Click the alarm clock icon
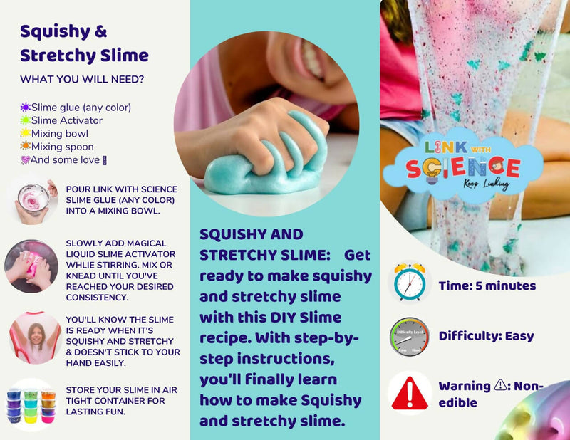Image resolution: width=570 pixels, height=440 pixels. click(x=410, y=283)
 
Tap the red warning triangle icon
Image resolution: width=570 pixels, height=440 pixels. click(x=410, y=394)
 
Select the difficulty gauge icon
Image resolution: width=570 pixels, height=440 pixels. click(x=410, y=337)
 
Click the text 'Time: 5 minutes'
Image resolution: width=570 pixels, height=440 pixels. click(x=487, y=286)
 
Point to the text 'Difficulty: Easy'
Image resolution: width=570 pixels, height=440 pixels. click(x=486, y=337)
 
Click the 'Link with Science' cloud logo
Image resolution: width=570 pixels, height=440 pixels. click(x=464, y=165)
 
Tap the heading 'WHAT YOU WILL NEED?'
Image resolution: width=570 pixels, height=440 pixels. click(x=82, y=79)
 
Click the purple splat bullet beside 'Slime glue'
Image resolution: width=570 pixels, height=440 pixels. click(x=25, y=108)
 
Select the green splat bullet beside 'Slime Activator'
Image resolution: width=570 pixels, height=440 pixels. click(x=25, y=120)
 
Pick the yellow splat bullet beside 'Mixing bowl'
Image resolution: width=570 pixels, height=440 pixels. click(x=25, y=133)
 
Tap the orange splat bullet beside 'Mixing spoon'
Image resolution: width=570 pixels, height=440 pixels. click(x=25, y=146)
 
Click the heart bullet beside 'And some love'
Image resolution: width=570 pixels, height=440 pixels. click(x=25, y=160)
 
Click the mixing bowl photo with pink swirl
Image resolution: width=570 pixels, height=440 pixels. click(x=33, y=201)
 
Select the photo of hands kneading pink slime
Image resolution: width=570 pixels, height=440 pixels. click(x=31, y=266)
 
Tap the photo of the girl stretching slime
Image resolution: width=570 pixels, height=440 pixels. click(x=35, y=337)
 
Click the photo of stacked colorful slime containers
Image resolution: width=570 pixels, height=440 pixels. click(x=31, y=405)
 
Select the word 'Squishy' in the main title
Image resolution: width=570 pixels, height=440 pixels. click(x=56, y=32)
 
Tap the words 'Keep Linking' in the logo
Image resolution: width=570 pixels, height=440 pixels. click(x=486, y=184)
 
